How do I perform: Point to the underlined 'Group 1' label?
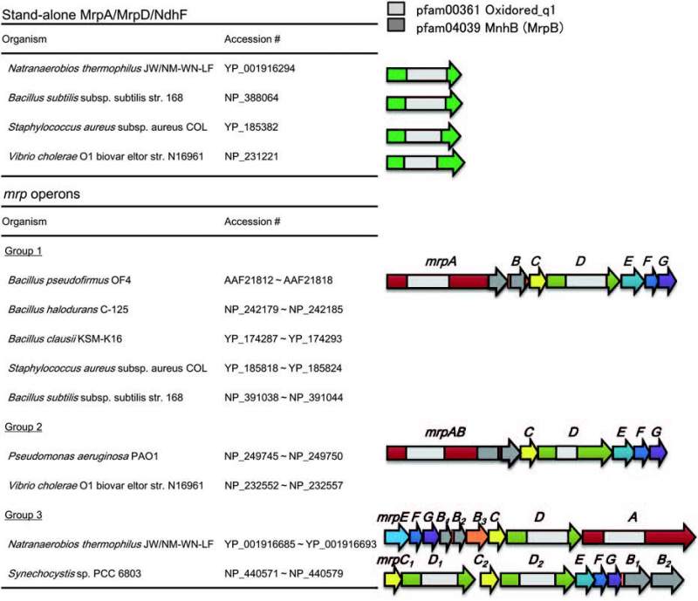pyautogui.click(x=25, y=251)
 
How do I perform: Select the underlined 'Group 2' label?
pyautogui.click(x=25, y=427)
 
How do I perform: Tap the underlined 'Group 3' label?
pyautogui.click(x=25, y=515)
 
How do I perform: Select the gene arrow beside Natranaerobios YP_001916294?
pyautogui.click(x=424, y=73)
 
